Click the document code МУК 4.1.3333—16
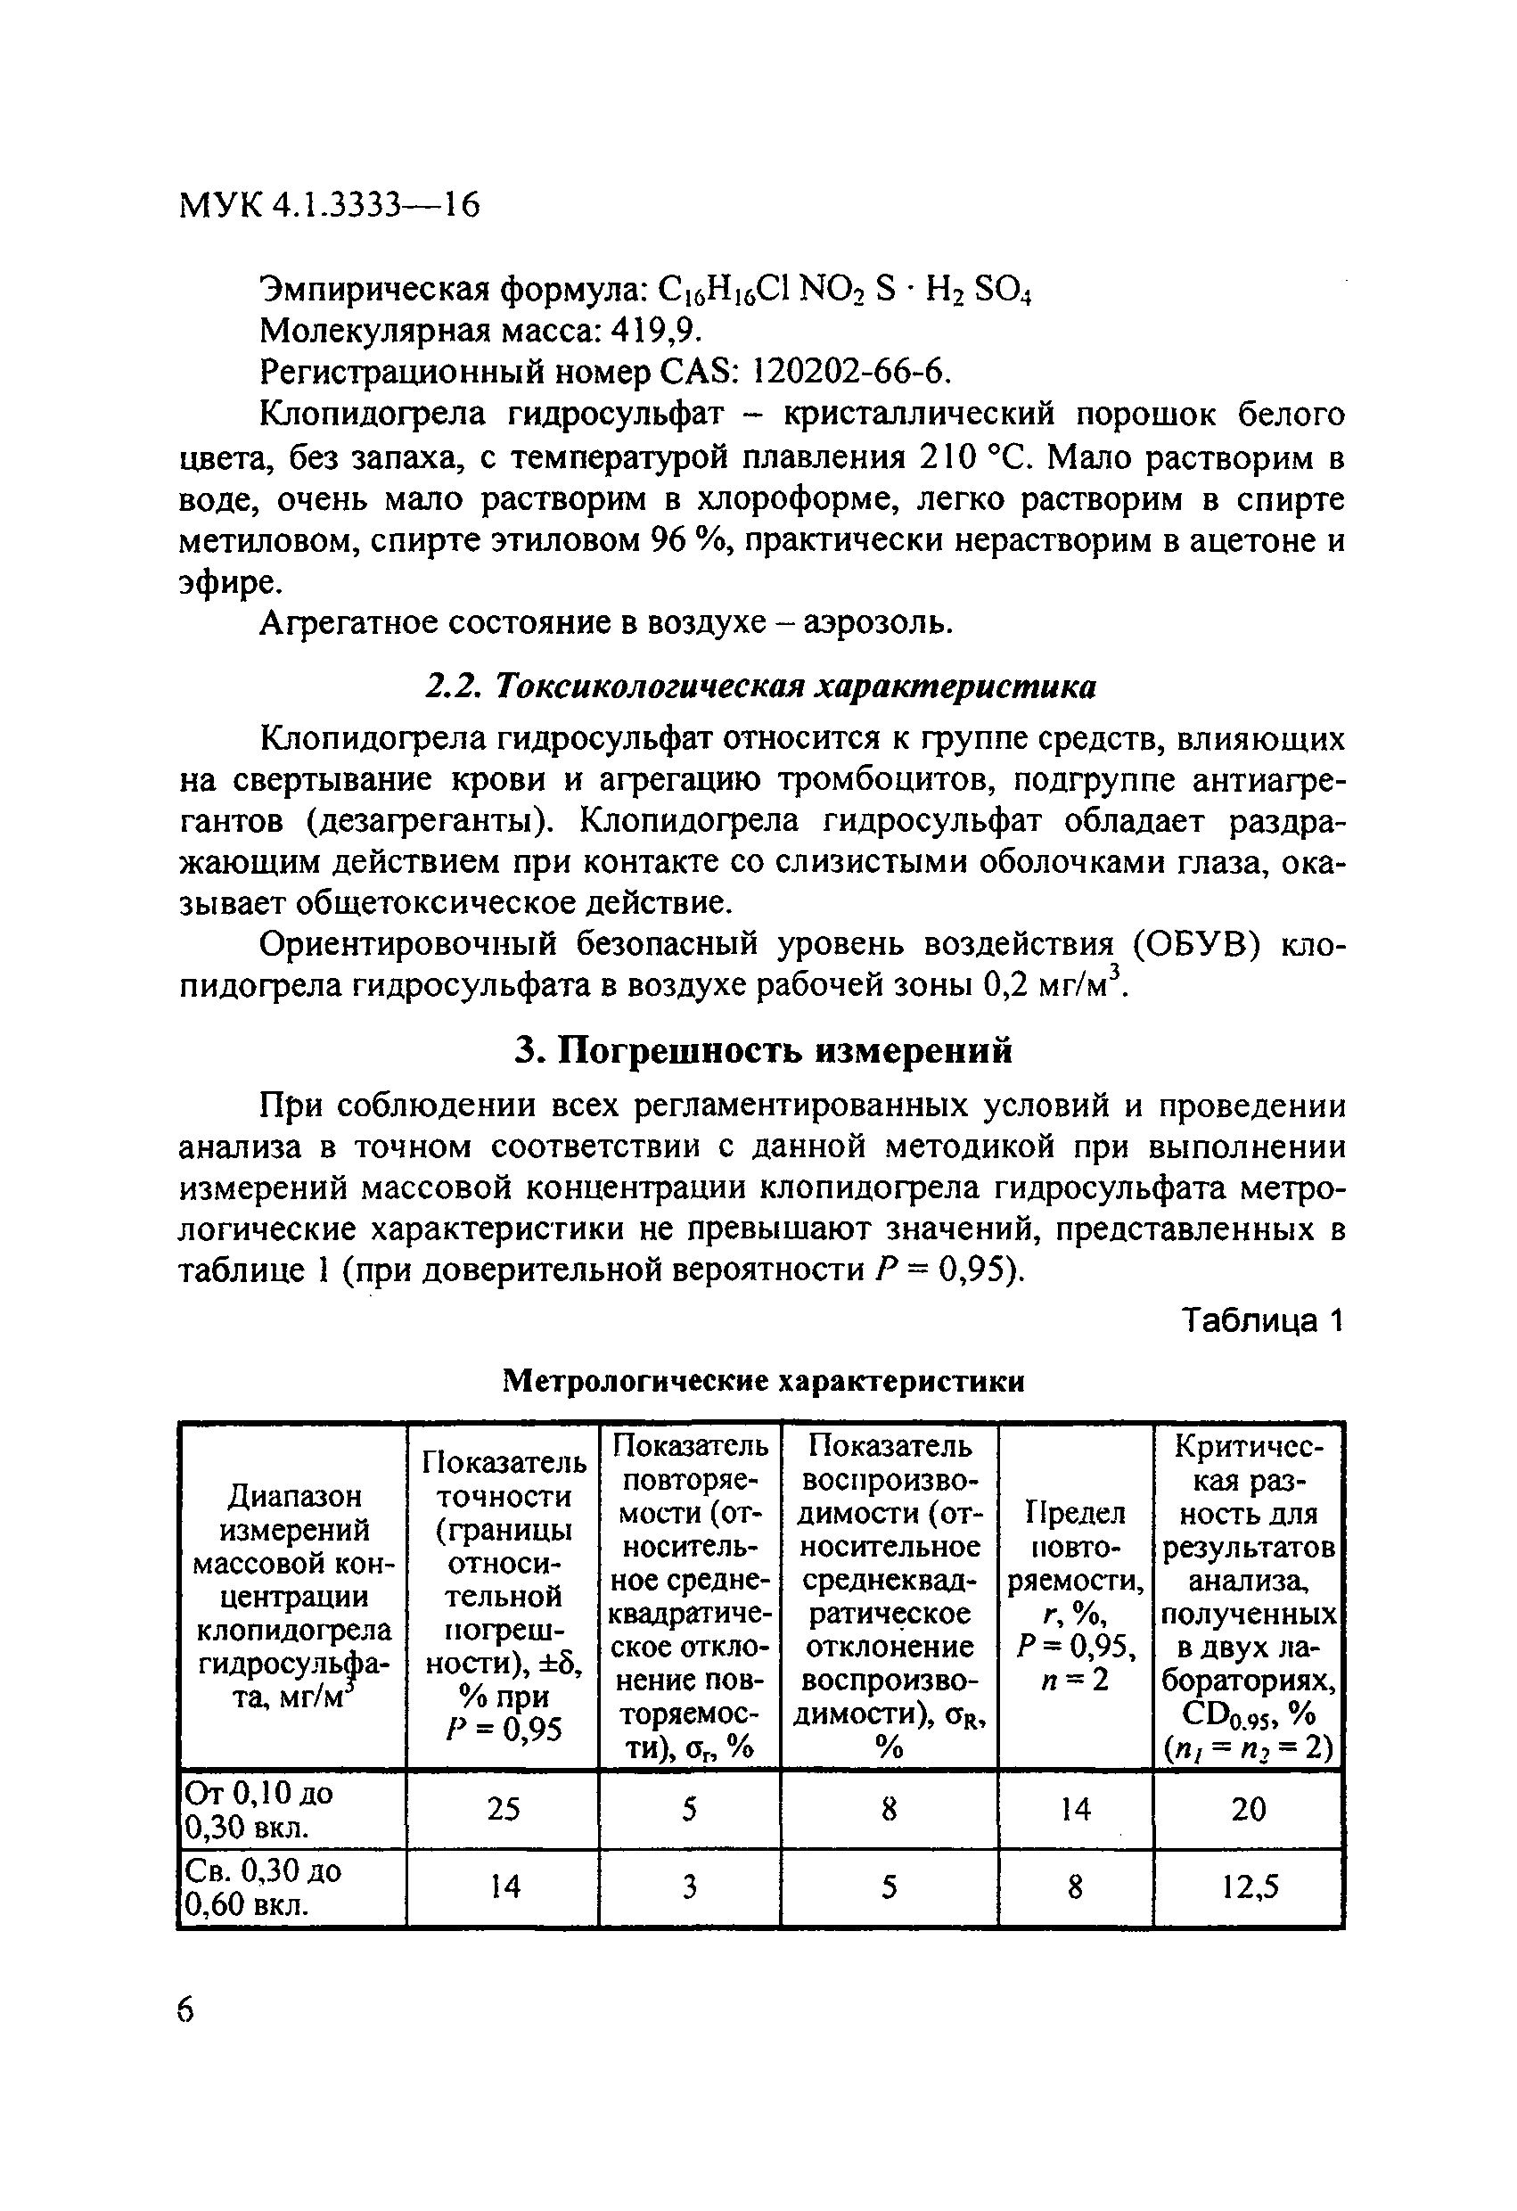[x=329, y=204]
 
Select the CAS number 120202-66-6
[x=850, y=372]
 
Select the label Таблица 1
[x=1261, y=1321]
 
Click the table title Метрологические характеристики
[x=763, y=1381]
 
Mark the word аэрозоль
[x=877, y=622]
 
